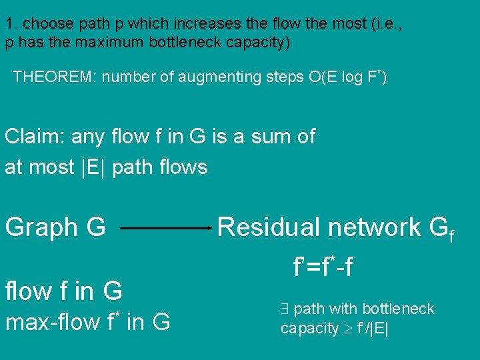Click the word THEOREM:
[55, 77]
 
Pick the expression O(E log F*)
[347, 76]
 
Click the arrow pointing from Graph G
[166, 228]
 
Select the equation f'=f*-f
[323, 267]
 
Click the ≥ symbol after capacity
[350, 329]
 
